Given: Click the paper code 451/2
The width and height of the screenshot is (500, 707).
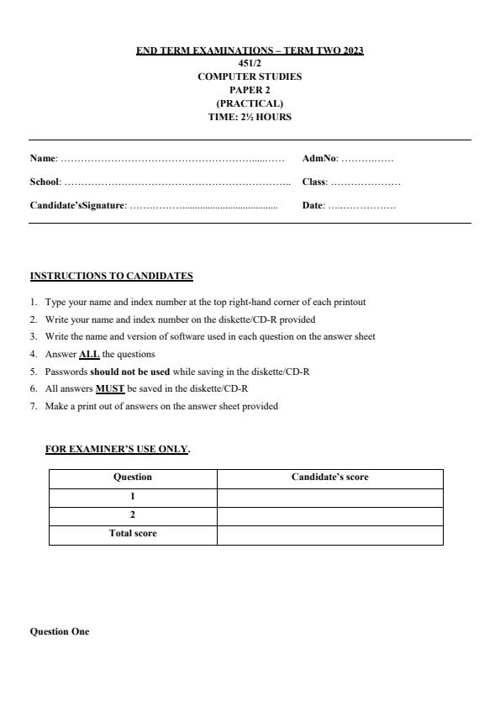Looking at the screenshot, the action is (250, 63).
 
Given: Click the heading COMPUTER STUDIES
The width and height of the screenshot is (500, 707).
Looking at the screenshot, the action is (250, 77).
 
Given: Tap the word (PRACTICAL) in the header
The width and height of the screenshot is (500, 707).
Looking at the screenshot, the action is (250, 103).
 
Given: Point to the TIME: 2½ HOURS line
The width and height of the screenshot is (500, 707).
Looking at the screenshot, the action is (250, 117).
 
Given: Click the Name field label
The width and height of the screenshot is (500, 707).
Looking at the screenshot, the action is (43, 158).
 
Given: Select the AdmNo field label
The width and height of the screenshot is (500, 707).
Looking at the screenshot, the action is (319, 158).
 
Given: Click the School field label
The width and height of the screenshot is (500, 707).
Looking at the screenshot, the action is (45, 182).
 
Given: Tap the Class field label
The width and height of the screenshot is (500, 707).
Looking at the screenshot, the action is (313, 182).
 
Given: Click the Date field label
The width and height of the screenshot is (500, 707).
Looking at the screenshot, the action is (313, 205).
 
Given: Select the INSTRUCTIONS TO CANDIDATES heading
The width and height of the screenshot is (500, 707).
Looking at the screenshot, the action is (112, 276).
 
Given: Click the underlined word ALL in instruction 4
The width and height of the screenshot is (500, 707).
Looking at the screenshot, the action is (89, 354).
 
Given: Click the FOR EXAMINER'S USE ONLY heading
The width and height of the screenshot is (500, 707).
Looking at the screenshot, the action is (117, 449).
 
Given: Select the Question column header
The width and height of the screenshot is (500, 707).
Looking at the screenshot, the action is (133, 477).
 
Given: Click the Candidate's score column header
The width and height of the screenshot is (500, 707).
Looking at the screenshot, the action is (329, 477).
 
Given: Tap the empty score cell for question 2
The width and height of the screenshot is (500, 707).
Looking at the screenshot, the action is (329, 515).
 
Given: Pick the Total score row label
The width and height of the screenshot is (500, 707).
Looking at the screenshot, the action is (133, 534).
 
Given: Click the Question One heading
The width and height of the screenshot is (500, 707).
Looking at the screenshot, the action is (60, 631).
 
